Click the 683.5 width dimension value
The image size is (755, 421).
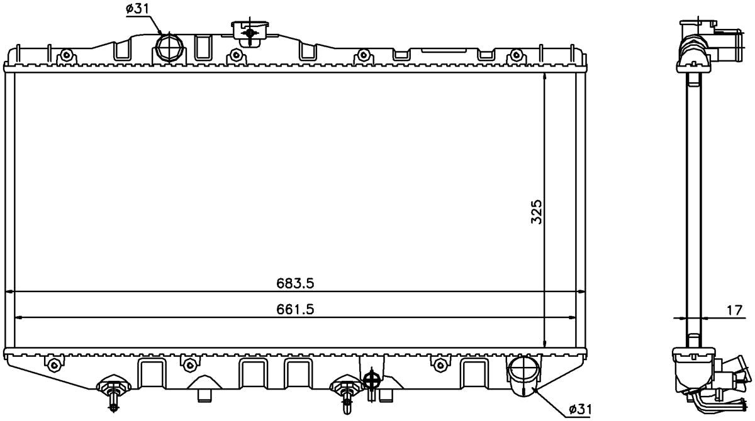coord(295,283)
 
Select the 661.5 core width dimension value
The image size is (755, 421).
coord(295,309)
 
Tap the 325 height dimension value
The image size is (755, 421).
coord(536,212)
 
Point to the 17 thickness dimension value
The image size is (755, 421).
coord(734,310)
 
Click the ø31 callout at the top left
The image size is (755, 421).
coord(137,9)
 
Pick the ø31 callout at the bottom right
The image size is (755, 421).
coord(579,410)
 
